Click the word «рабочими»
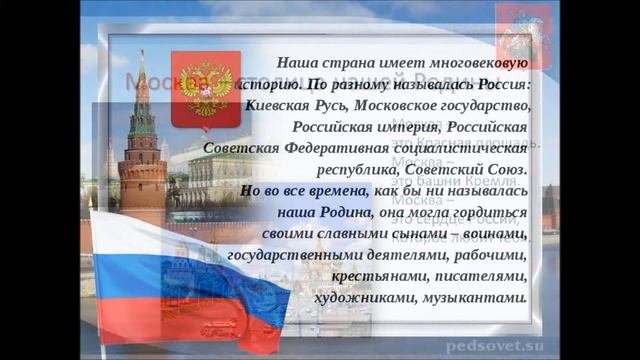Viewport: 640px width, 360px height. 488,255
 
